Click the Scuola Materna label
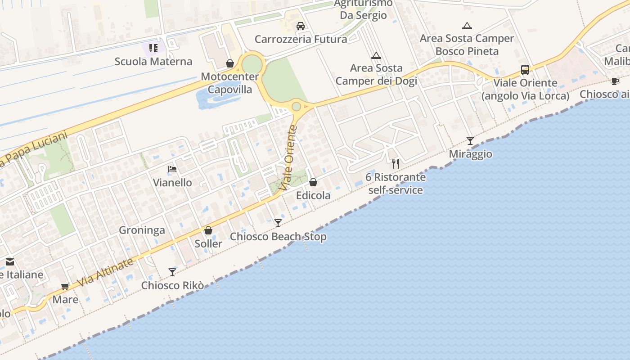[153, 62]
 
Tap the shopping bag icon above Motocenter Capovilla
[230, 63]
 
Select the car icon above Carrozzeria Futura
[301, 26]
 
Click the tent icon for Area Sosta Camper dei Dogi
[376, 56]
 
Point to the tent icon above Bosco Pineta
[467, 26]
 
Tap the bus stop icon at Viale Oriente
[525, 70]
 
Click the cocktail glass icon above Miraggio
[470, 141]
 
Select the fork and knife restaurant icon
[396, 163]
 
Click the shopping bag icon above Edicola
[313, 182]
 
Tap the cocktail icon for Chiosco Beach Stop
[278, 223]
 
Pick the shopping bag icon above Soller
[208, 231]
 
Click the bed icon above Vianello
[172, 170]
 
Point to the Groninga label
[142, 230]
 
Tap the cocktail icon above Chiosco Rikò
[172, 272]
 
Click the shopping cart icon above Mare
[65, 286]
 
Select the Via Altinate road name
[105, 272]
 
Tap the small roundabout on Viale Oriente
[296, 107]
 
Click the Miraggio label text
[471, 154]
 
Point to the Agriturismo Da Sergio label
[363, 9]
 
